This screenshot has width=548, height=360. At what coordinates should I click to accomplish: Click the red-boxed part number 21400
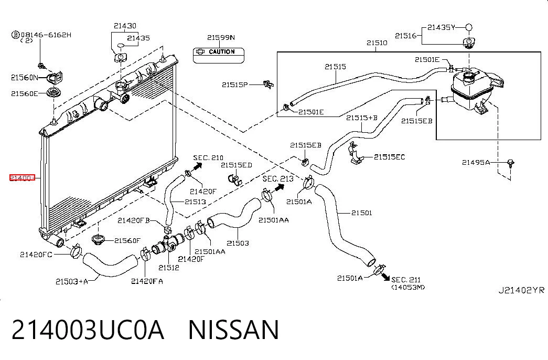(22, 178)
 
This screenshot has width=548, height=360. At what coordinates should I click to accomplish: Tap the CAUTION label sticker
(219, 55)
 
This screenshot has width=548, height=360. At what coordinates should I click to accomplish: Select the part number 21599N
(221, 37)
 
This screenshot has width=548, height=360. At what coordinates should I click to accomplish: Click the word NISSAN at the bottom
(233, 330)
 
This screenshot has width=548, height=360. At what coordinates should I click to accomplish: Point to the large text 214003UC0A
(88, 330)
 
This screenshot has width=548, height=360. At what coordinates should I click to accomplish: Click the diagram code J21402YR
(521, 290)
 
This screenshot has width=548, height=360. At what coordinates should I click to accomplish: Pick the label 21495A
(476, 162)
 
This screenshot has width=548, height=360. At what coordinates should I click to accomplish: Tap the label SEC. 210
(208, 158)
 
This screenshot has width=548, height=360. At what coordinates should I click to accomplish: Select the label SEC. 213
(278, 179)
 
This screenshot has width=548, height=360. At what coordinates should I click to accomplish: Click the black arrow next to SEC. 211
(385, 277)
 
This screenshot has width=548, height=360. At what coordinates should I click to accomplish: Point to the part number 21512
(168, 268)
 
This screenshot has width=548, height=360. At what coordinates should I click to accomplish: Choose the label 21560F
(127, 241)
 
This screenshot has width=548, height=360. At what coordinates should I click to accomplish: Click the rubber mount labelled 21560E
(54, 93)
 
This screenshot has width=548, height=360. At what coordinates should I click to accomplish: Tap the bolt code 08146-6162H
(46, 35)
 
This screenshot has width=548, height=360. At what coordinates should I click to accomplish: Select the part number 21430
(125, 26)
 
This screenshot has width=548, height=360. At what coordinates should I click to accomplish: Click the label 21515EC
(389, 157)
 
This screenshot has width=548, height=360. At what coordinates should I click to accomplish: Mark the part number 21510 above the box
(377, 43)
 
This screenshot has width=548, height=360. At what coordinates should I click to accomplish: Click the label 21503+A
(72, 281)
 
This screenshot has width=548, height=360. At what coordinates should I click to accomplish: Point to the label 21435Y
(441, 27)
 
